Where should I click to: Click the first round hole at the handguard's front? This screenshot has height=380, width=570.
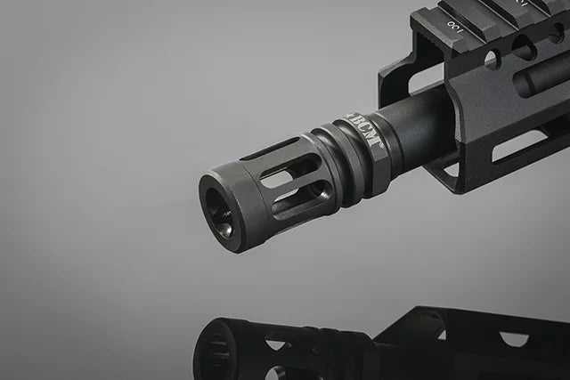(x=491, y=59)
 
